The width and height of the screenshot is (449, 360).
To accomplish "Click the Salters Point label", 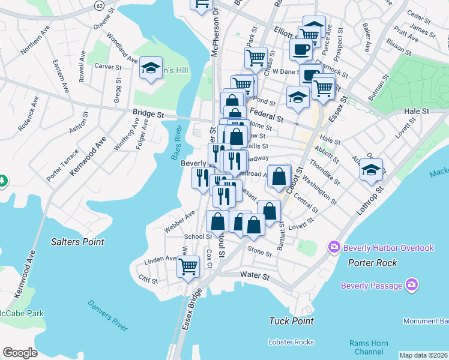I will (x=77, y=242).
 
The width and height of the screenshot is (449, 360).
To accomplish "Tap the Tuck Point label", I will (x=292, y=321).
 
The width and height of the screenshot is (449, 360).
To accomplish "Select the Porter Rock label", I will (x=372, y=263).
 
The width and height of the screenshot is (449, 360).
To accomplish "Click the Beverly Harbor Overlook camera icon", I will (x=334, y=247).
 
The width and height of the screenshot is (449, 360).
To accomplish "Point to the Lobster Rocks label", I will (x=292, y=342).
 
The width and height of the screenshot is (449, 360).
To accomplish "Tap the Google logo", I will (x=20, y=353).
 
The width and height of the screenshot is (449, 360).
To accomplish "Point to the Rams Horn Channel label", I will (x=368, y=347).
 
